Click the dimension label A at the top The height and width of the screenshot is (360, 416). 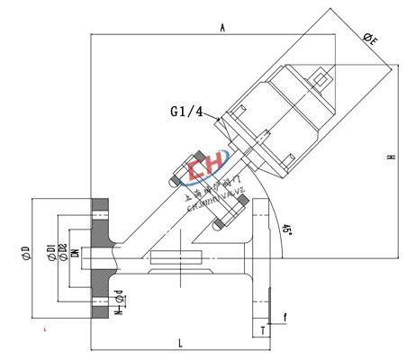coord(222,29)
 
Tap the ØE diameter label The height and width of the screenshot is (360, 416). coord(370,39)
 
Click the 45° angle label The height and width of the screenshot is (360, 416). coord(286,232)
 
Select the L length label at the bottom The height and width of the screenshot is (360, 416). coord(180,342)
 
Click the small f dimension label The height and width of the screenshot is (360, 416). coord(285,317)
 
